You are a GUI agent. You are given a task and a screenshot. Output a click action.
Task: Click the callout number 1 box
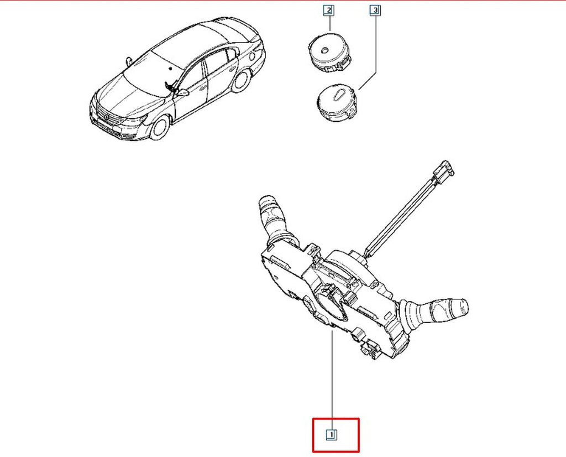tap(332, 435)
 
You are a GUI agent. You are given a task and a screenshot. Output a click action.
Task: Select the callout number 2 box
tap(328, 10)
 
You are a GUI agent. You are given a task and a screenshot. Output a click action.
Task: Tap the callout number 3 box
tap(375, 10)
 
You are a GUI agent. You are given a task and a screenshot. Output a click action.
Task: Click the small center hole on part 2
tap(325, 49)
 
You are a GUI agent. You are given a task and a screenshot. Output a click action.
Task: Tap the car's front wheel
tap(160, 127)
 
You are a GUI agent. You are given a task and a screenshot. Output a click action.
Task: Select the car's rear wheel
tap(241, 81)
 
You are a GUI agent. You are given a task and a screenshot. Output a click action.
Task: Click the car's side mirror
tap(183, 93)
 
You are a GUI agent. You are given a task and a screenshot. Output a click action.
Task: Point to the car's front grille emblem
tap(107, 116)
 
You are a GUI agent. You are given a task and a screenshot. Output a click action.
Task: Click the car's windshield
tap(151, 75)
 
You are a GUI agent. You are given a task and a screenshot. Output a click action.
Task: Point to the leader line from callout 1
tap(332, 380)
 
